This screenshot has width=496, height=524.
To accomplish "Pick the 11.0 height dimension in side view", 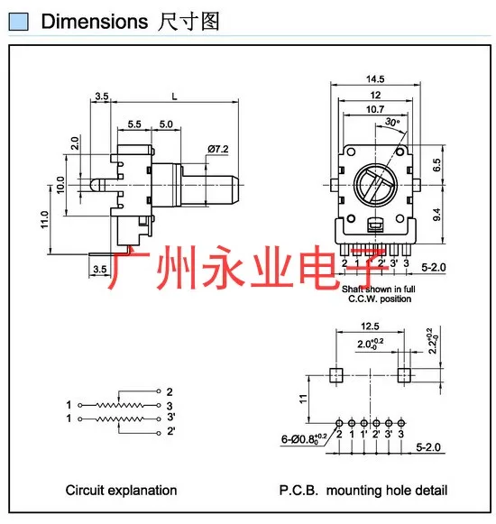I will (x=42, y=218).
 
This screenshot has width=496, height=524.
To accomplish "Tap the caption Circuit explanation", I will (x=121, y=491).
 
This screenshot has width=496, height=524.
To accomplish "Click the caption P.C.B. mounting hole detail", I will (x=363, y=491).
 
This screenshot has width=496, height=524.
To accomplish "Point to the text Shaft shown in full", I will (x=377, y=289).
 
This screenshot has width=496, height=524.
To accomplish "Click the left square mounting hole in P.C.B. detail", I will (x=337, y=372).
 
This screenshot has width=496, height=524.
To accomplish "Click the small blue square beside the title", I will (x=26, y=22).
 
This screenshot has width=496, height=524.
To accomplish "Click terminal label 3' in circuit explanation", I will (x=170, y=418).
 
